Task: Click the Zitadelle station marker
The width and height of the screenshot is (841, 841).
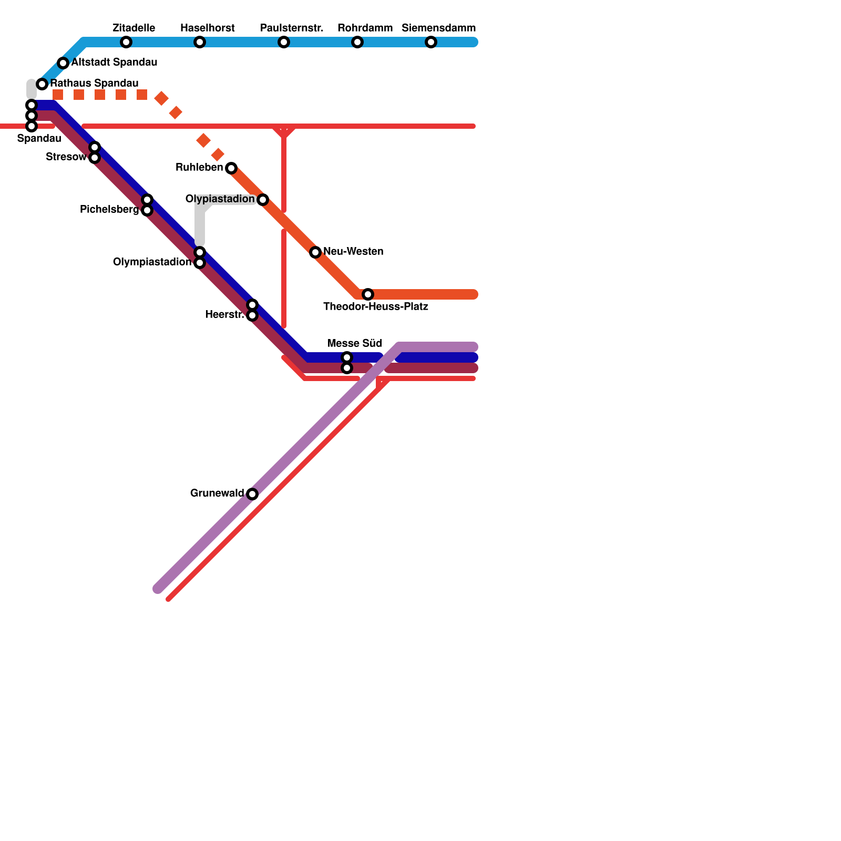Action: (x=126, y=42)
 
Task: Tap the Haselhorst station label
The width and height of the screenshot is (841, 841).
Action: (x=207, y=28)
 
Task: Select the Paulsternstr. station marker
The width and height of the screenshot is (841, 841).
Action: (x=284, y=42)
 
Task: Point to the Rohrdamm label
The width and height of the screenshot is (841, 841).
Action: (x=365, y=28)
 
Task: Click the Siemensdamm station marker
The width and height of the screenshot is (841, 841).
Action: (x=431, y=42)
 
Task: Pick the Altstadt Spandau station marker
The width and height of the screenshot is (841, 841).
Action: (x=63, y=63)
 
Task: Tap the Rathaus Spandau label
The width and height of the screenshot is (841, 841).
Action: (x=94, y=83)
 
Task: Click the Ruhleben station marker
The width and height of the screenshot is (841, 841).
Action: (x=231, y=168)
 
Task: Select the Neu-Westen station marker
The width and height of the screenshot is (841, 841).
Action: (x=315, y=252)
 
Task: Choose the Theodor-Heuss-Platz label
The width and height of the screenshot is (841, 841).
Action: (x=375, y=306)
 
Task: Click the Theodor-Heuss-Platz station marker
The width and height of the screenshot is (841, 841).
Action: (x=368, y=294)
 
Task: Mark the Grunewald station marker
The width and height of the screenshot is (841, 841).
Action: (x=252, y=494)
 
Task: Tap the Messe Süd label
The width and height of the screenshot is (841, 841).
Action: (x=354, y=343)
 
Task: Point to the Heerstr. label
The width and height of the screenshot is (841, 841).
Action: (x=224, y=314)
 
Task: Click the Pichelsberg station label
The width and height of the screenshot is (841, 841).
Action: (x=109, y=209)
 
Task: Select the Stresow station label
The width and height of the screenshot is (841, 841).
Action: (x=66, y=157)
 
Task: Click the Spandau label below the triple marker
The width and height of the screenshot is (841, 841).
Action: (x=39, y=138)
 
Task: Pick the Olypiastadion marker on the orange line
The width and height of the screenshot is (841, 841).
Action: (x=263, y=200)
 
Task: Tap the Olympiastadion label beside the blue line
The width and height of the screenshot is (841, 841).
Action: (x=152, y=262)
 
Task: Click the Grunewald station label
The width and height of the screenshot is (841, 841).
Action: (x=217, y=493)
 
